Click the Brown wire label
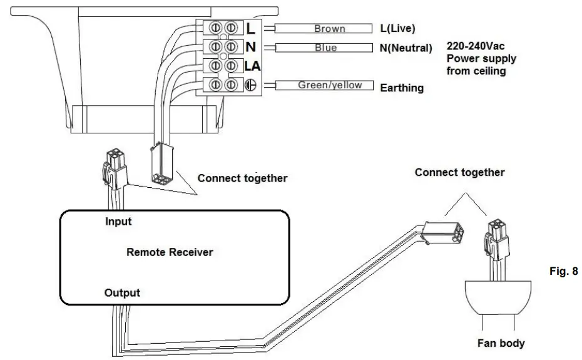tap(330, 29)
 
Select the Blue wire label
tap(325, 48)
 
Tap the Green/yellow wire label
tap(330, 85)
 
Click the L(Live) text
tap(397, 28)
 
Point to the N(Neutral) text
tap(406, 48)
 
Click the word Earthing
tap(402, 88)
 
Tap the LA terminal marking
tap(252, 66)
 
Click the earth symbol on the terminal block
tap(250, 85)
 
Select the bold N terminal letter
tap(250, 47)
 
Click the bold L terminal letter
tap(250, 28)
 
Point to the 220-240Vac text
tap(476, 46)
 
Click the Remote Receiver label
tap(170, 252)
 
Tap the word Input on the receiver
tap(118, 222)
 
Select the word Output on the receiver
tap(122, 293)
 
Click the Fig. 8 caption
tap(564, 271)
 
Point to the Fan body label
tap(501, 343)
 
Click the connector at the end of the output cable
tap(442, 232)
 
